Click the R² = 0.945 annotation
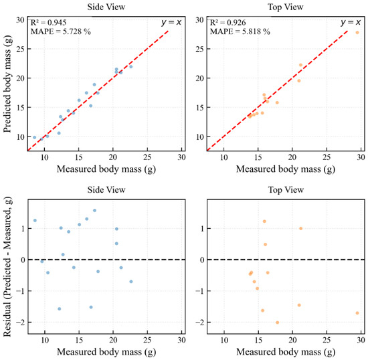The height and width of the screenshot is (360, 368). coord(49,23)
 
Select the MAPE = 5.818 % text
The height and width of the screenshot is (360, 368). coord(240,31)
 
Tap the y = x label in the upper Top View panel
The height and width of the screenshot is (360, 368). coord(351,22)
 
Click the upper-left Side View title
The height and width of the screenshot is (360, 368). coord(106,7)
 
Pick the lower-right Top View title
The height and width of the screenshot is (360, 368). coord(286,189)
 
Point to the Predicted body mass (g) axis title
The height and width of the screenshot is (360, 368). coord(7,84)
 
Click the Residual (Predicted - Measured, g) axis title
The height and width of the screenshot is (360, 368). coord(7,266)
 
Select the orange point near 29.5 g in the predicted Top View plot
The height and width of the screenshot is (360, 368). coord(357,33)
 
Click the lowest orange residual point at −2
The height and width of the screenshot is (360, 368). coord(277,323)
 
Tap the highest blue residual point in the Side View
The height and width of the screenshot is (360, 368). coord(94,211)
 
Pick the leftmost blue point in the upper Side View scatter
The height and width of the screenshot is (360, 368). coord(35,138)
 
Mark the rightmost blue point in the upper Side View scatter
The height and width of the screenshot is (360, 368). coord(131,67)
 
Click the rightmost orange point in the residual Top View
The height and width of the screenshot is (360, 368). coord(357,313)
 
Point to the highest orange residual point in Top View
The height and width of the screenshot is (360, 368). coord(264,221)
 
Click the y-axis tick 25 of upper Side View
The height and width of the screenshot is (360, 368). coord(20,49)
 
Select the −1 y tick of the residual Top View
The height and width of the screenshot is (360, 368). coord(199,291)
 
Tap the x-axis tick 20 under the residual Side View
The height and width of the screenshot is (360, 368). coord(113,340)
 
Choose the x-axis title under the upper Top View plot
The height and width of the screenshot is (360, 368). coord(286,169)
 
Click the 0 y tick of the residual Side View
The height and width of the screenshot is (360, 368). coord(23,260)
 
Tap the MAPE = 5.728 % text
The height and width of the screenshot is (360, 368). coord(60,31)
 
